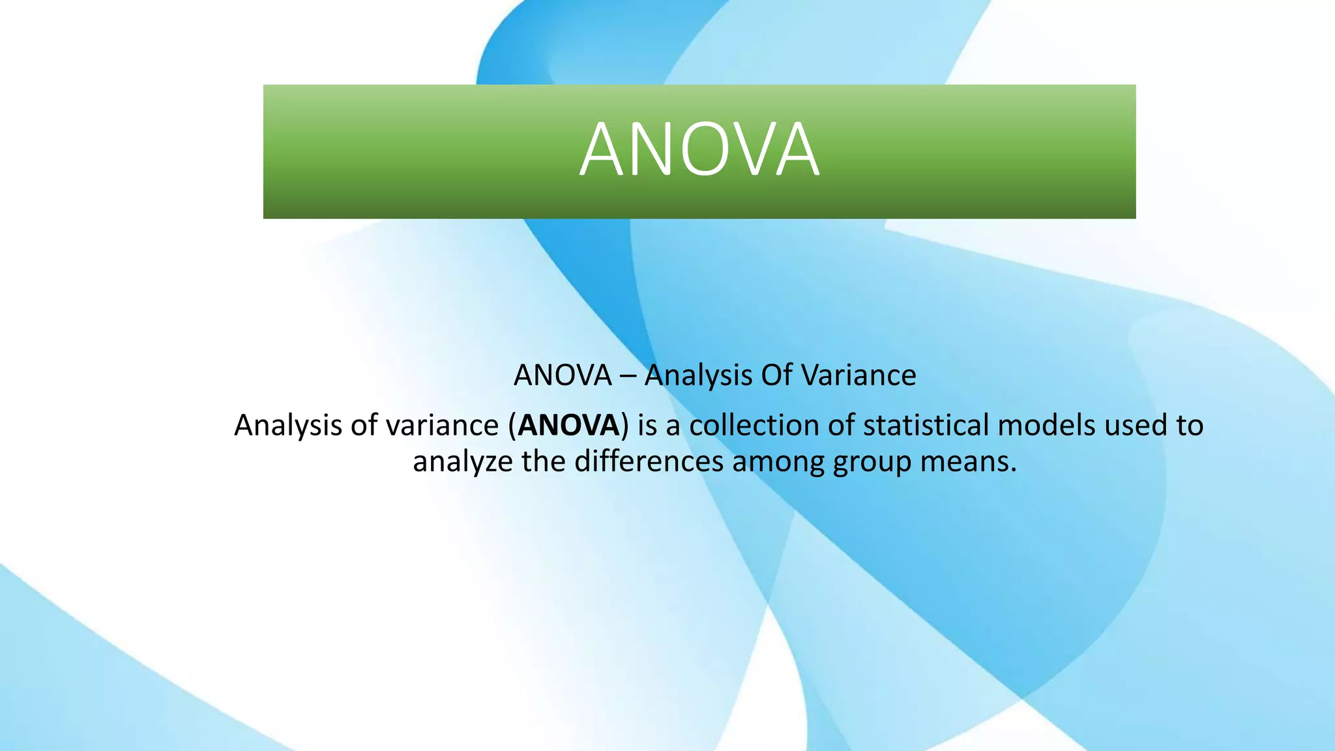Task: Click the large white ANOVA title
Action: [699, 150]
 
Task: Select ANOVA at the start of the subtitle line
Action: [563, 375]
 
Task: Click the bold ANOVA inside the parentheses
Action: [568, 425]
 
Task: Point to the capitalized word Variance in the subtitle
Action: [858, 375]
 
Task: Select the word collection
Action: [754, 425]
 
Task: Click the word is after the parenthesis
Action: [647, 425]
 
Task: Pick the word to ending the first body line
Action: [1190, 426]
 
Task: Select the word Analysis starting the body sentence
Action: [287, 426]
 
